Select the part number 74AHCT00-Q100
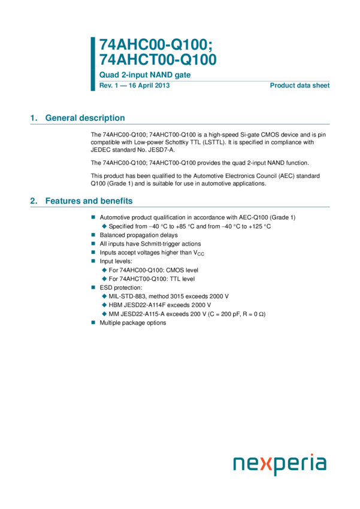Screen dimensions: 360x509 click(x=158, y=59)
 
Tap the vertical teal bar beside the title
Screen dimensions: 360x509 click(x=93, y=63)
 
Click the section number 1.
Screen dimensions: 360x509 click(x=34, y=119)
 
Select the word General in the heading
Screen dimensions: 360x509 click(x=60, y=119)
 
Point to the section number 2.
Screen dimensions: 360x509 click(x=34, y=201)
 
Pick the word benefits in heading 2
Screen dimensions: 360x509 click(x=116, y=201)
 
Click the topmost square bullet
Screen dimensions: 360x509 click(x=93, y=217)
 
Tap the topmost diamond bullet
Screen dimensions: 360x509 click(x=104, y=226)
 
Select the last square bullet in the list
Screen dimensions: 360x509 click(x=93, y=322)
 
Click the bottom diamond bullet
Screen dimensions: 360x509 click(x=104, y=313)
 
